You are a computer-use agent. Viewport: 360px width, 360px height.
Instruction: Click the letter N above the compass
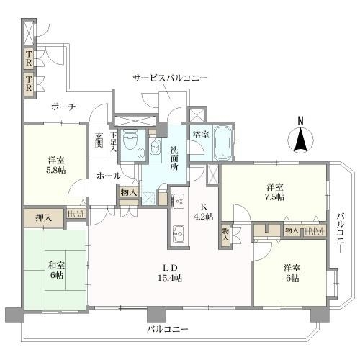pos(302,120)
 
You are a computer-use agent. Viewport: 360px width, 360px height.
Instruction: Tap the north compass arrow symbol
pos(302,139)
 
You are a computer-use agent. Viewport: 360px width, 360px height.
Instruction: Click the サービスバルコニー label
pos(170,77)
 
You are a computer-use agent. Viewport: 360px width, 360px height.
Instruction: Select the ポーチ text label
pos(63,107)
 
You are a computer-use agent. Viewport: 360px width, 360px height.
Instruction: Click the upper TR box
pos(29,56)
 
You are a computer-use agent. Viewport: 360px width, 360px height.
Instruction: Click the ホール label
pos(108,175)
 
